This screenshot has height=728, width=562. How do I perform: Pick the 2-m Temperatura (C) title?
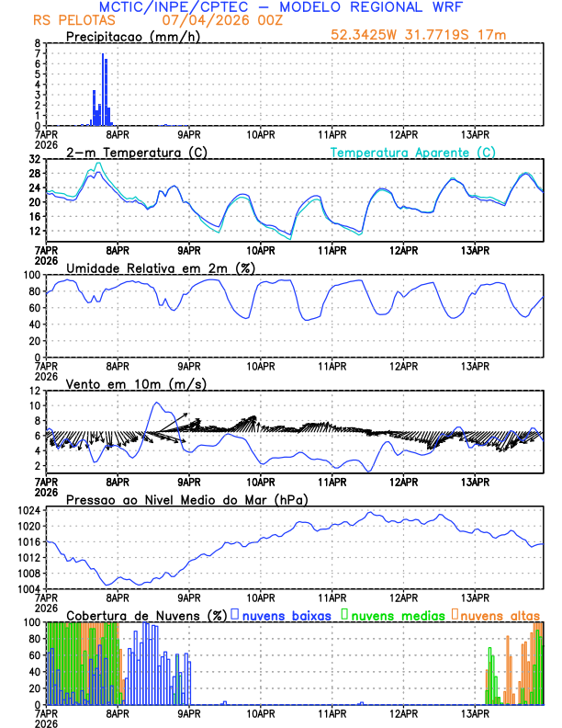pos(134,152)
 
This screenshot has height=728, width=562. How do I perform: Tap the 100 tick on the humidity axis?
pos(30,275)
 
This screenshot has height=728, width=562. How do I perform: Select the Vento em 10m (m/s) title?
pos(136,383)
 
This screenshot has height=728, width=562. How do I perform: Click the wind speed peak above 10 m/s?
pos(157,403)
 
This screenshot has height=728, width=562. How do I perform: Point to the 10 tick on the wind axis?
pos(33,405)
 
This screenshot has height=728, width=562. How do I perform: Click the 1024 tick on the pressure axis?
pos(27,510)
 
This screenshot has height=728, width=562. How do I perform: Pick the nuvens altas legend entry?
pos(497,614)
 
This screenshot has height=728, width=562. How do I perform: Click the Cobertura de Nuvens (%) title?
pos(146,614)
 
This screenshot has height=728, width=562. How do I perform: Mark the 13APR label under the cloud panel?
pos(475,711)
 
